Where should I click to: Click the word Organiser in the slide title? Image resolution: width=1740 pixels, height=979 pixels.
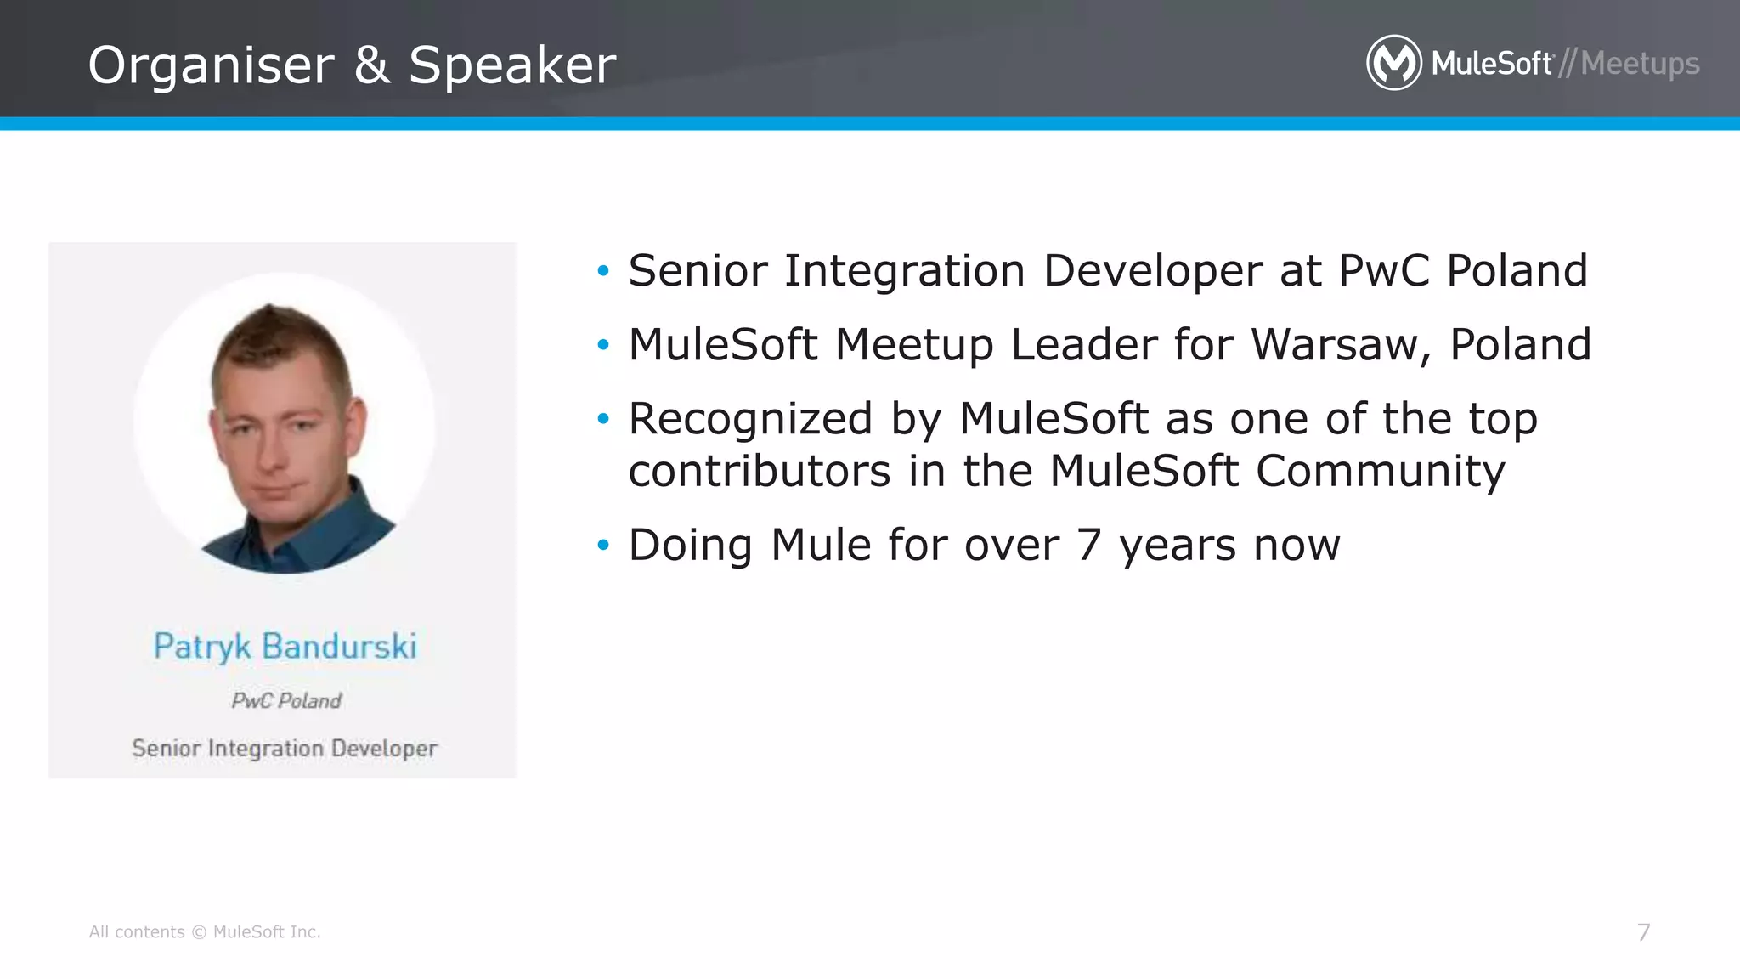click(x=212, y=66)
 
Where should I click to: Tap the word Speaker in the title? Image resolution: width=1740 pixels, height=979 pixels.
click(x=512, y=65)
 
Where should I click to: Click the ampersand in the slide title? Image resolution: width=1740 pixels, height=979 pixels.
click(x=371, y=65)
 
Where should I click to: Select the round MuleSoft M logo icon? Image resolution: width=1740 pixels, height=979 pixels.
click(x=1393, y=63)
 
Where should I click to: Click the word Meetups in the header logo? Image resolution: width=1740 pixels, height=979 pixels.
click(x=1640, y=64)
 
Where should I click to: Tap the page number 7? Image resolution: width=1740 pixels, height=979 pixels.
click(x=1643, y=932)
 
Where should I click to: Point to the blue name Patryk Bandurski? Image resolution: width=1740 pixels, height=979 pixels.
click(x=285, y=647)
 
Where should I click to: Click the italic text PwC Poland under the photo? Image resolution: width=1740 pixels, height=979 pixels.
click(x=286, y=701)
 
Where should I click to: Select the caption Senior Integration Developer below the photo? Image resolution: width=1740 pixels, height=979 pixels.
click(x=285, y=749)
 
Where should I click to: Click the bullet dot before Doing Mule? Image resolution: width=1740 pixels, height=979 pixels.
click(x=603, y=545)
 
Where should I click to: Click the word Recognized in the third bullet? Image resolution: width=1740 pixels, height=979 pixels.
click(x=750, y=419)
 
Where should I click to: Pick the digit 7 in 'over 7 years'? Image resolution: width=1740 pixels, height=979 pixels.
click(x=1089, y=545)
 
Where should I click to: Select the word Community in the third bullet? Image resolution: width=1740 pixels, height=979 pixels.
click(x=1380, y=471)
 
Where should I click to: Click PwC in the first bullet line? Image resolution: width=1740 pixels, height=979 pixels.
click(x=1384, y=271)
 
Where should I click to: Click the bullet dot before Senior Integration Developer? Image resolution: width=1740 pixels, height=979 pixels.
click(x=603, y=271)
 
